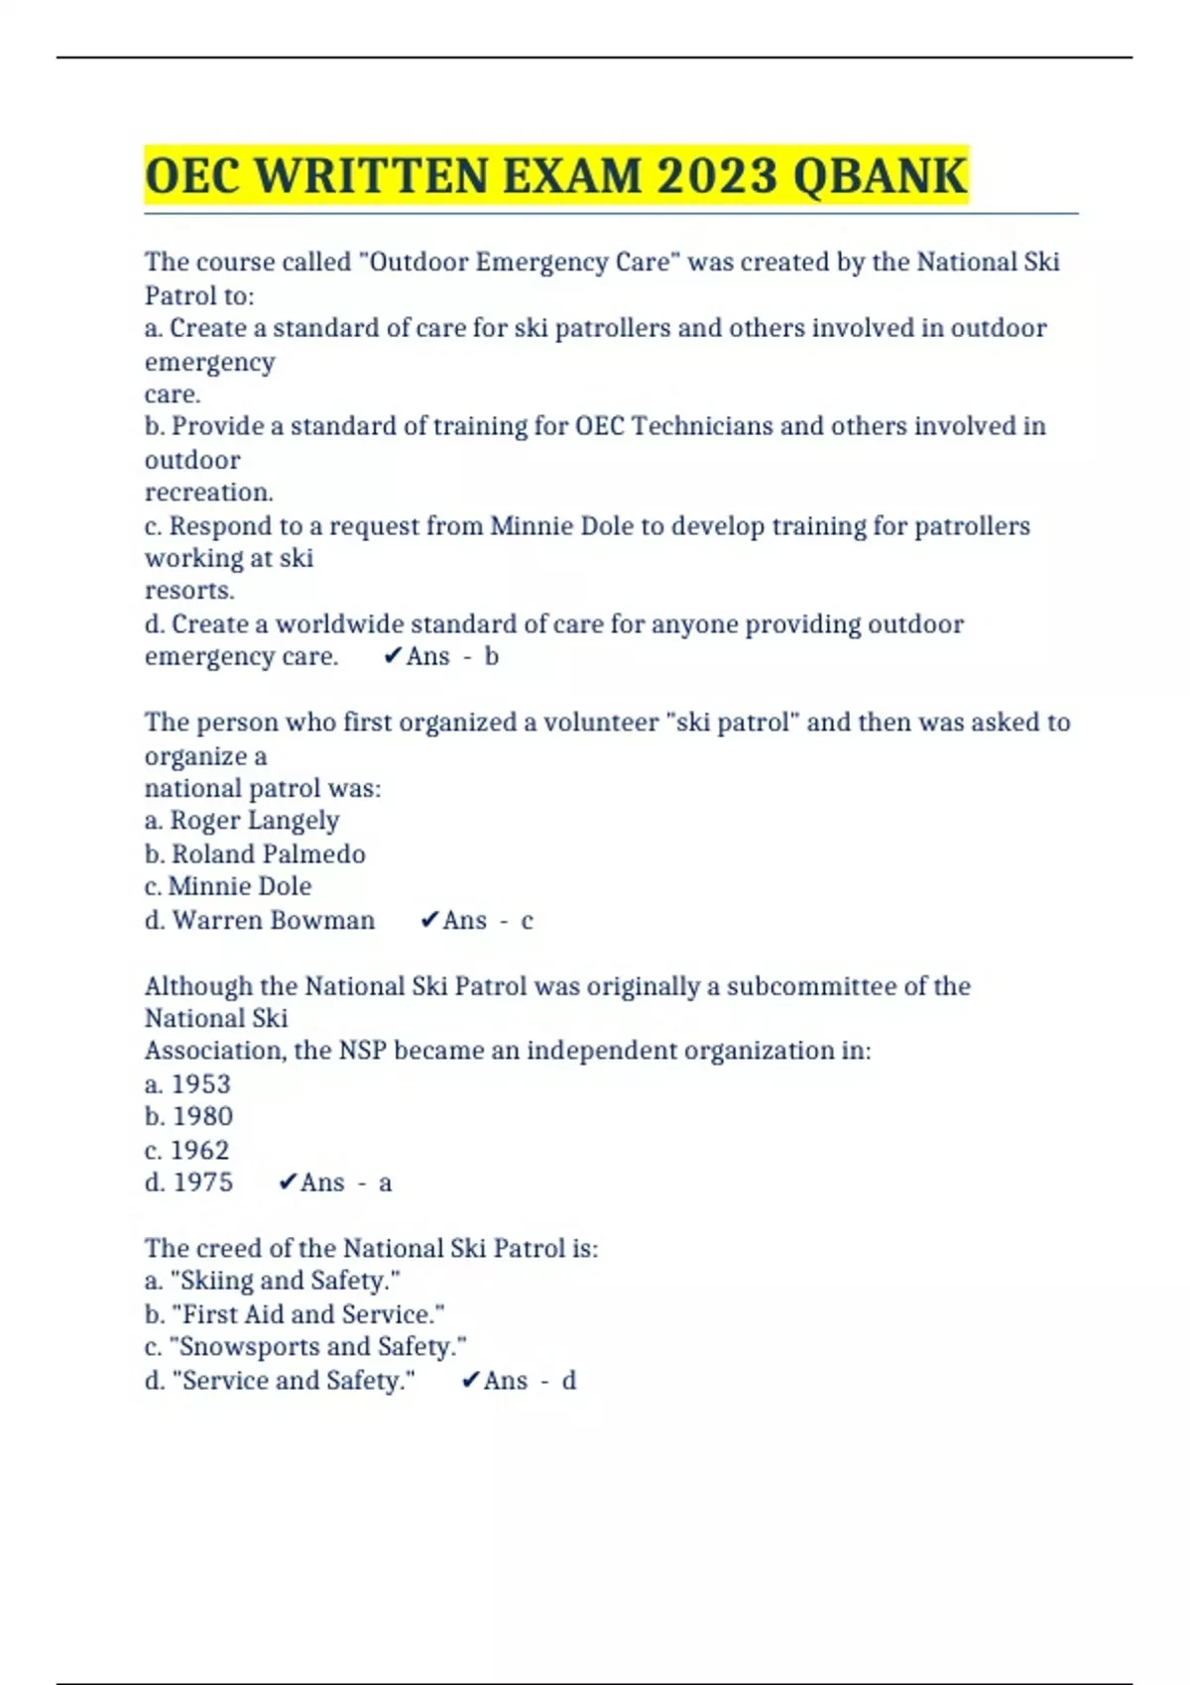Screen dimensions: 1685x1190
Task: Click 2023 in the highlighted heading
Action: pyautogui.click(x=716, y=176)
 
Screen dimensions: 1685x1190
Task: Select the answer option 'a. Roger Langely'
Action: pyautogui.click(x=242, y=821)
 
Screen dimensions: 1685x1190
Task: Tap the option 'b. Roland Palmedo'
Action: pyautogui.click(x=255, y=853)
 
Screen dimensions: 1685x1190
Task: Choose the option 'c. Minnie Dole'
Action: pyautogui.click(x=228, y=886)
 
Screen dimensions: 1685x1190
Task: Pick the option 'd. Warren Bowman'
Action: pyautogui.click(x=260, y=920)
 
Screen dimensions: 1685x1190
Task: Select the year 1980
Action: pyautogui.click(x=202, y=1116)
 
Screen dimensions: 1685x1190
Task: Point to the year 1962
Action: pyautogui.click(x=199, y=1150)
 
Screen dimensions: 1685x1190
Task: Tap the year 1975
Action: pyautogui.click(x=202, y=1182)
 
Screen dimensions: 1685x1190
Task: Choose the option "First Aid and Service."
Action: pyautogui.click(x=308, y=1314)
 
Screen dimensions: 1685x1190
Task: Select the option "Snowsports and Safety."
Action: pyautogui.click(x=318, y=1347)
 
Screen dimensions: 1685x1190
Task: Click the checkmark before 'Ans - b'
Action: pyautogui.click(x=393, y=656)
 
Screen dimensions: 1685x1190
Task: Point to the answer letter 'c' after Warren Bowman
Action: pyautogui.click(x=527, y=921)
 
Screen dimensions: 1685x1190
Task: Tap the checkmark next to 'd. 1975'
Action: pyautogui.click(x=288, y=1182)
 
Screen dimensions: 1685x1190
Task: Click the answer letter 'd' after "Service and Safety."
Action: pyautogui.click(x=568, y=1381)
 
